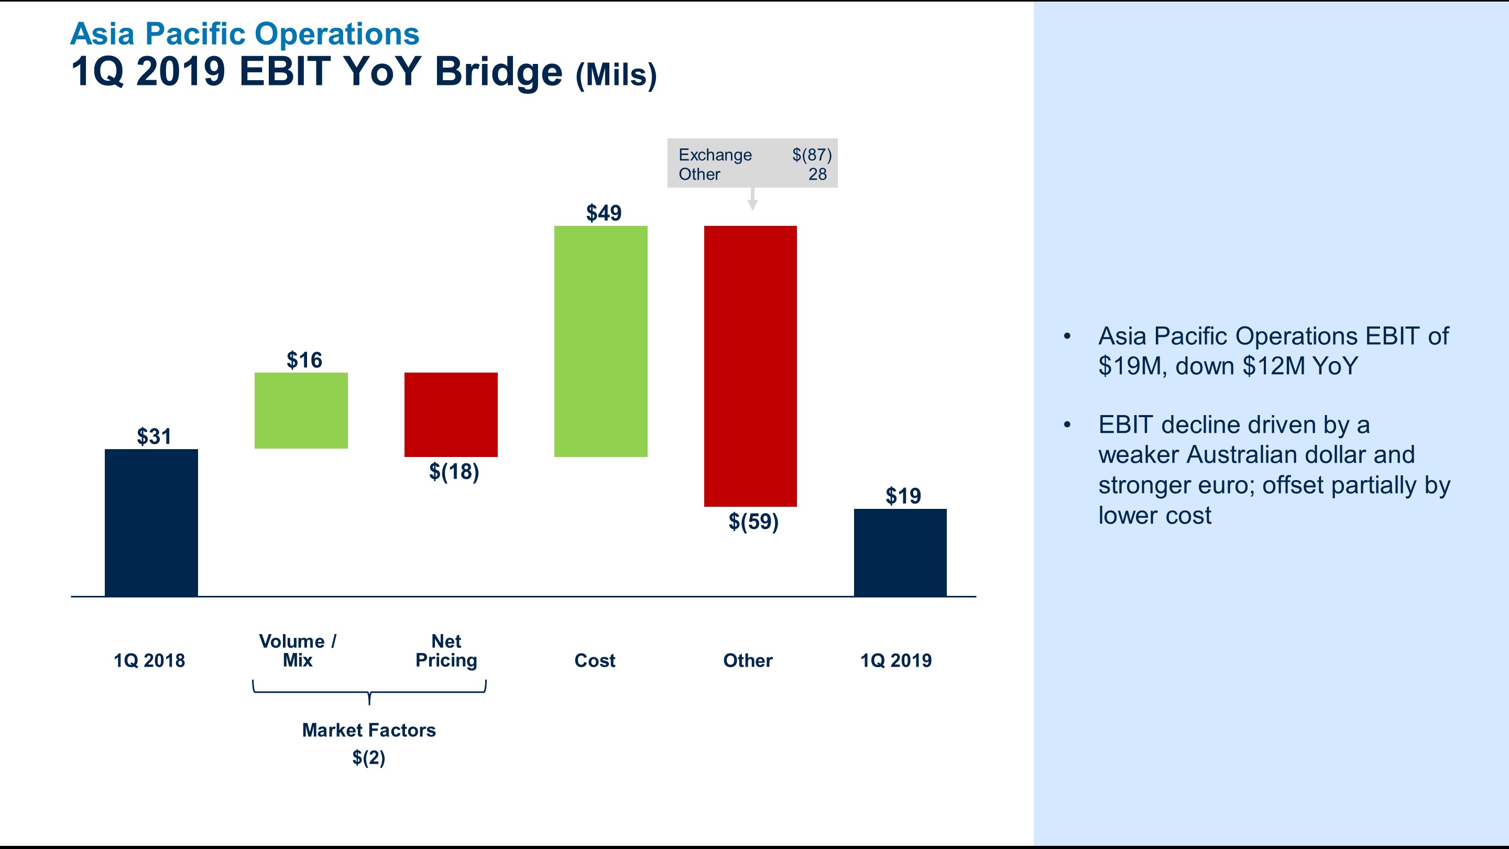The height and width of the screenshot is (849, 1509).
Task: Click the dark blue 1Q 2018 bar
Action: pos(151,523)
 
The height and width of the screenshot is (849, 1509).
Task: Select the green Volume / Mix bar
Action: pos(301,410)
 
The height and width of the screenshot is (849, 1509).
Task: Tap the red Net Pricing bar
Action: pos(451,414)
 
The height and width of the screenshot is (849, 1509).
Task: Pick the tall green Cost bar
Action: pos(600,341)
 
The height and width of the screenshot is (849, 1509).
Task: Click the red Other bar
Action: pos(750,366)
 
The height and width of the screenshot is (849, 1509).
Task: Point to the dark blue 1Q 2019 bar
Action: pos(900,552)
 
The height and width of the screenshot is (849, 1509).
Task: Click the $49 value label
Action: pos(604,213)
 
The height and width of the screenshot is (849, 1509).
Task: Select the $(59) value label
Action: pos(753,521)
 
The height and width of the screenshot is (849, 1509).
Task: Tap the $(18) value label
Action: pos(454,471)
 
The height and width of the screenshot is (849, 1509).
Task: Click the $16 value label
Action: pos(304,360)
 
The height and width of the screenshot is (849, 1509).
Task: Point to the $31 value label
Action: pos(154,437)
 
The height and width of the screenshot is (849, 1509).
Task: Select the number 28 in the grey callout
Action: pos(817,174)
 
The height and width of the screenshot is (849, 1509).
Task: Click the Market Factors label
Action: pos(368,730)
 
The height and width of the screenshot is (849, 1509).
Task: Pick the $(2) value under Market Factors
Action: pos(368,758)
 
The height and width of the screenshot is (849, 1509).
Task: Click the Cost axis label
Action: pos(595,660)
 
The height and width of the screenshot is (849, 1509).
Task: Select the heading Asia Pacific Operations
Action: pos(244,34)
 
